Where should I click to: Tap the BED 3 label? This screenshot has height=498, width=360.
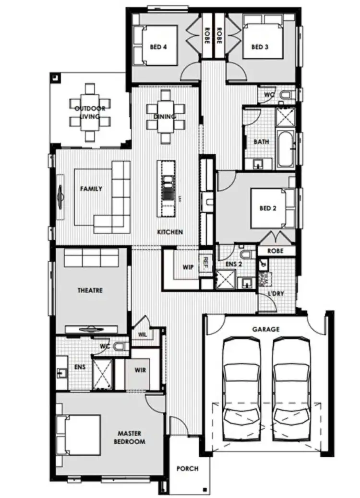(x=259, y=47)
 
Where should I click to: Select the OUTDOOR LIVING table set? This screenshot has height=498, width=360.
(x=90, y=112)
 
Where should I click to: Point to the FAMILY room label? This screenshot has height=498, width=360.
(x=91, y=189)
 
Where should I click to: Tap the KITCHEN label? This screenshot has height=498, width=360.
(x=170, y=232)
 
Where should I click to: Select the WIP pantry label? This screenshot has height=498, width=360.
(x=188, y=267)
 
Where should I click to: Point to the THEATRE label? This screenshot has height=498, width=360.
(x=90, y=291)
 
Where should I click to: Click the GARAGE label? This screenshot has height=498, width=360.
(x=265, y=329)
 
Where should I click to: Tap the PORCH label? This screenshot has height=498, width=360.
(x=187, y=469)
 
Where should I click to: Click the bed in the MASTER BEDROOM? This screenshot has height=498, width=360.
(x=79, y=435)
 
